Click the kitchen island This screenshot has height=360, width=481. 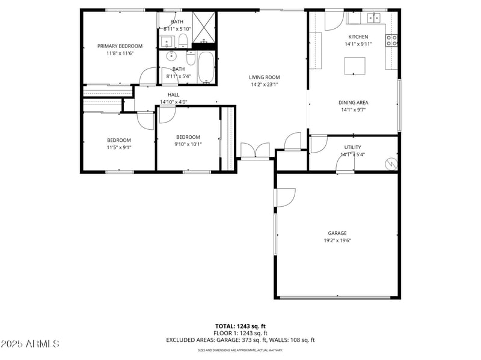[355, 66]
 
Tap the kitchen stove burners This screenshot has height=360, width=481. [391, 40]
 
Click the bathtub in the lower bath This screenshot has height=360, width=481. [206, 67]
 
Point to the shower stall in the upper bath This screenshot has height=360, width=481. [204, 25]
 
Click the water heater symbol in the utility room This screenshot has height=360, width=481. [392, 163]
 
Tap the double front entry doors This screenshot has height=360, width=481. [255, 151]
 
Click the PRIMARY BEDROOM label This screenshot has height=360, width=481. [120, 46]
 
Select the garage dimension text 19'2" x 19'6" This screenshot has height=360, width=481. [337, 240]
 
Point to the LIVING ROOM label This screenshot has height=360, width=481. [265, 77]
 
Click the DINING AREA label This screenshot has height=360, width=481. [354, 102]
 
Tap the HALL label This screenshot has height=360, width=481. [173, 94]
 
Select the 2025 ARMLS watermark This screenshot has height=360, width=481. [30, 344]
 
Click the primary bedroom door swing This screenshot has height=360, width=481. [147, 77]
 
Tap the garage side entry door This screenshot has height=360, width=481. [286, 198]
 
